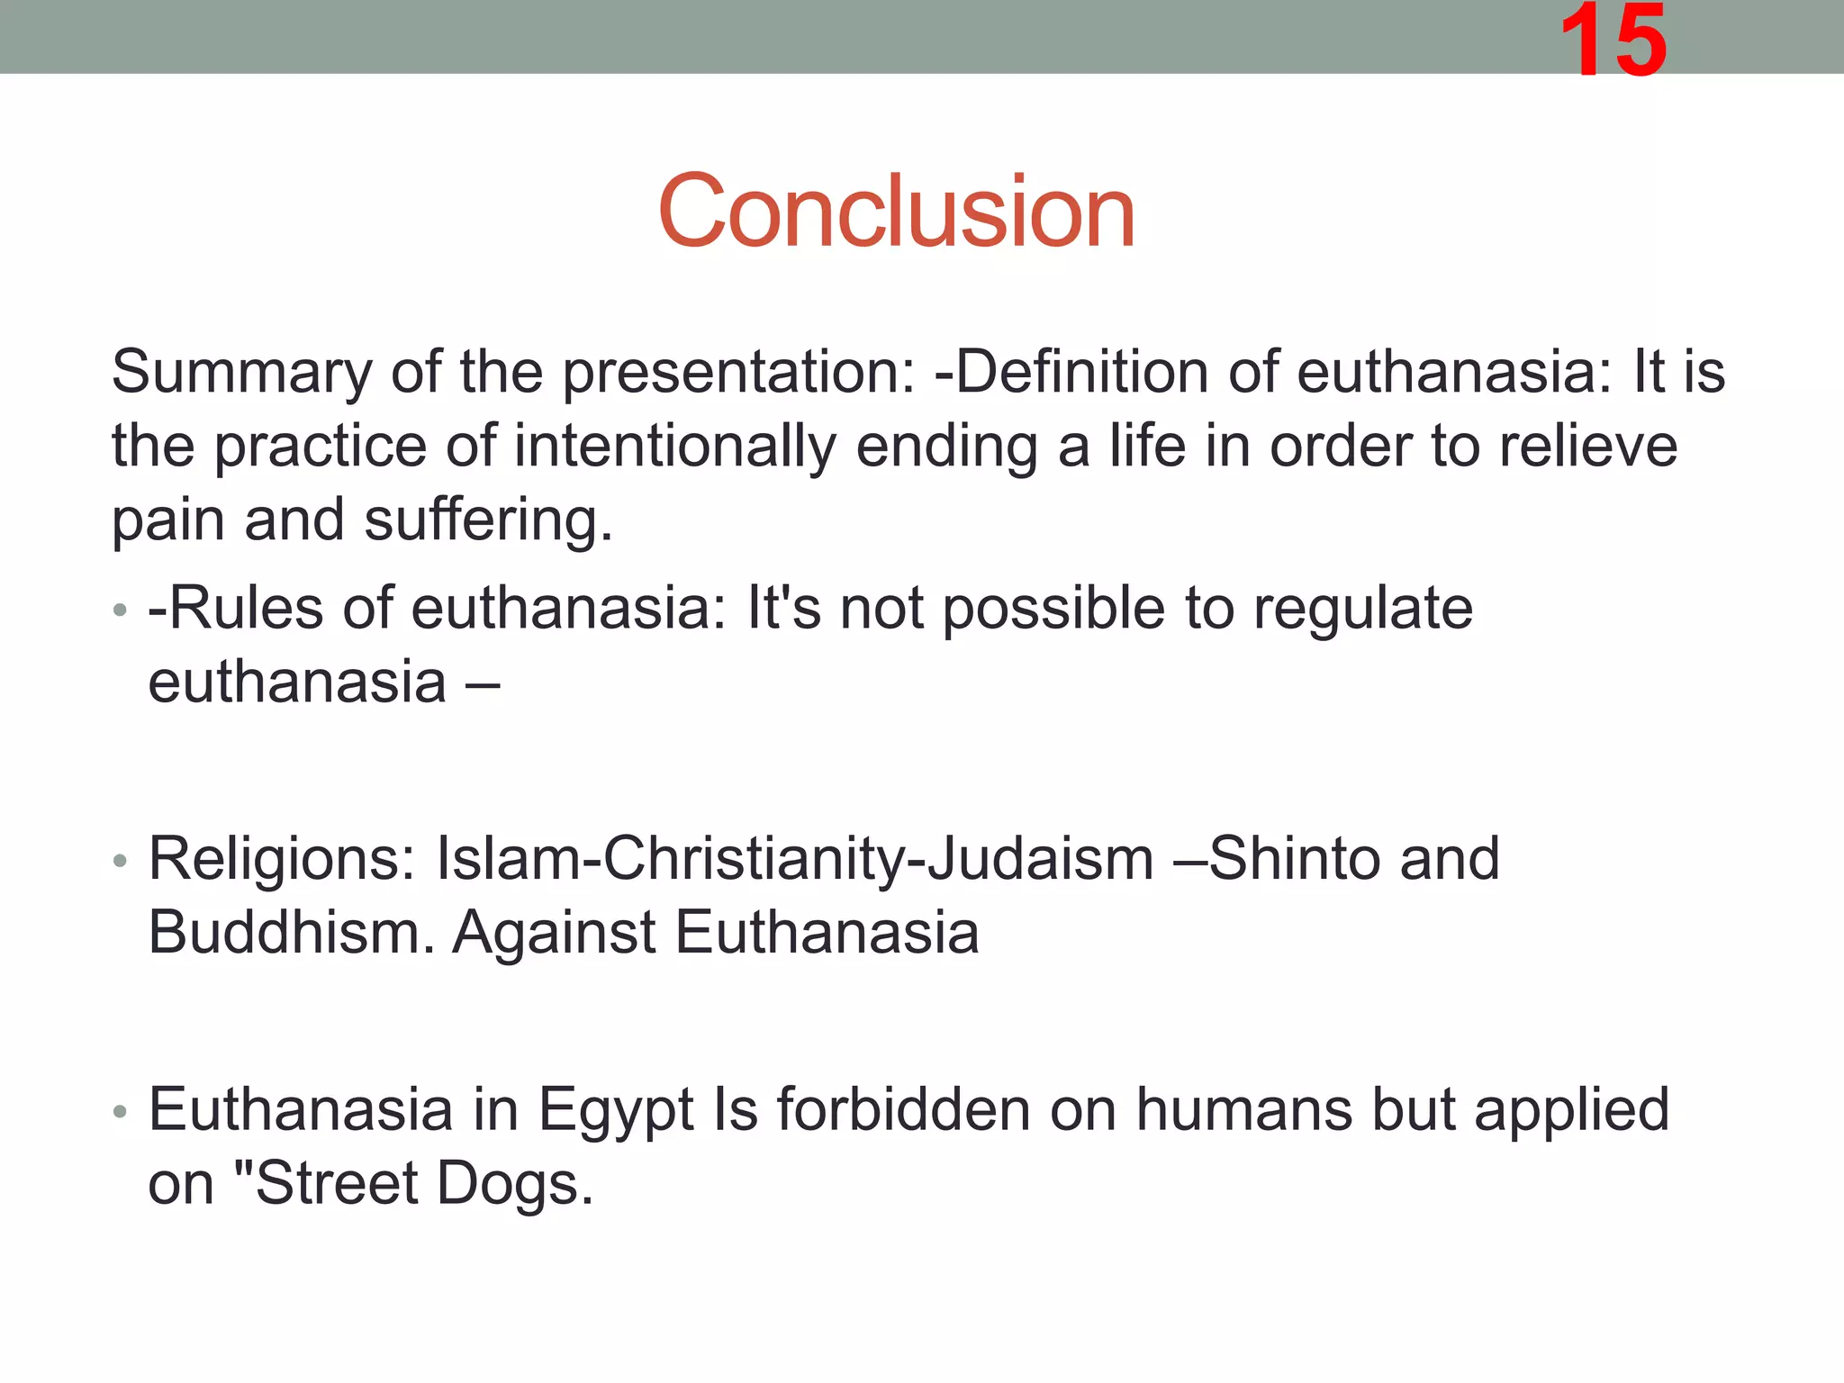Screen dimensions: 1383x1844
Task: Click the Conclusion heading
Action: [896, 212]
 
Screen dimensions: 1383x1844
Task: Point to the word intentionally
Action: [674, 447]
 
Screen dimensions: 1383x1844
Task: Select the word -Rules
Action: [235, 609]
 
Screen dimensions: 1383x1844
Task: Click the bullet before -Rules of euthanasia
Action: [120, 611]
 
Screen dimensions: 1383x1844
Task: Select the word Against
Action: [553, 934]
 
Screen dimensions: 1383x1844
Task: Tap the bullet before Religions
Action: [120, 861]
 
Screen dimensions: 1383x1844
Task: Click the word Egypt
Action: [616, 1111]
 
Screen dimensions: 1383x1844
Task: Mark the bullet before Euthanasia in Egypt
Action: [120, 1112]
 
